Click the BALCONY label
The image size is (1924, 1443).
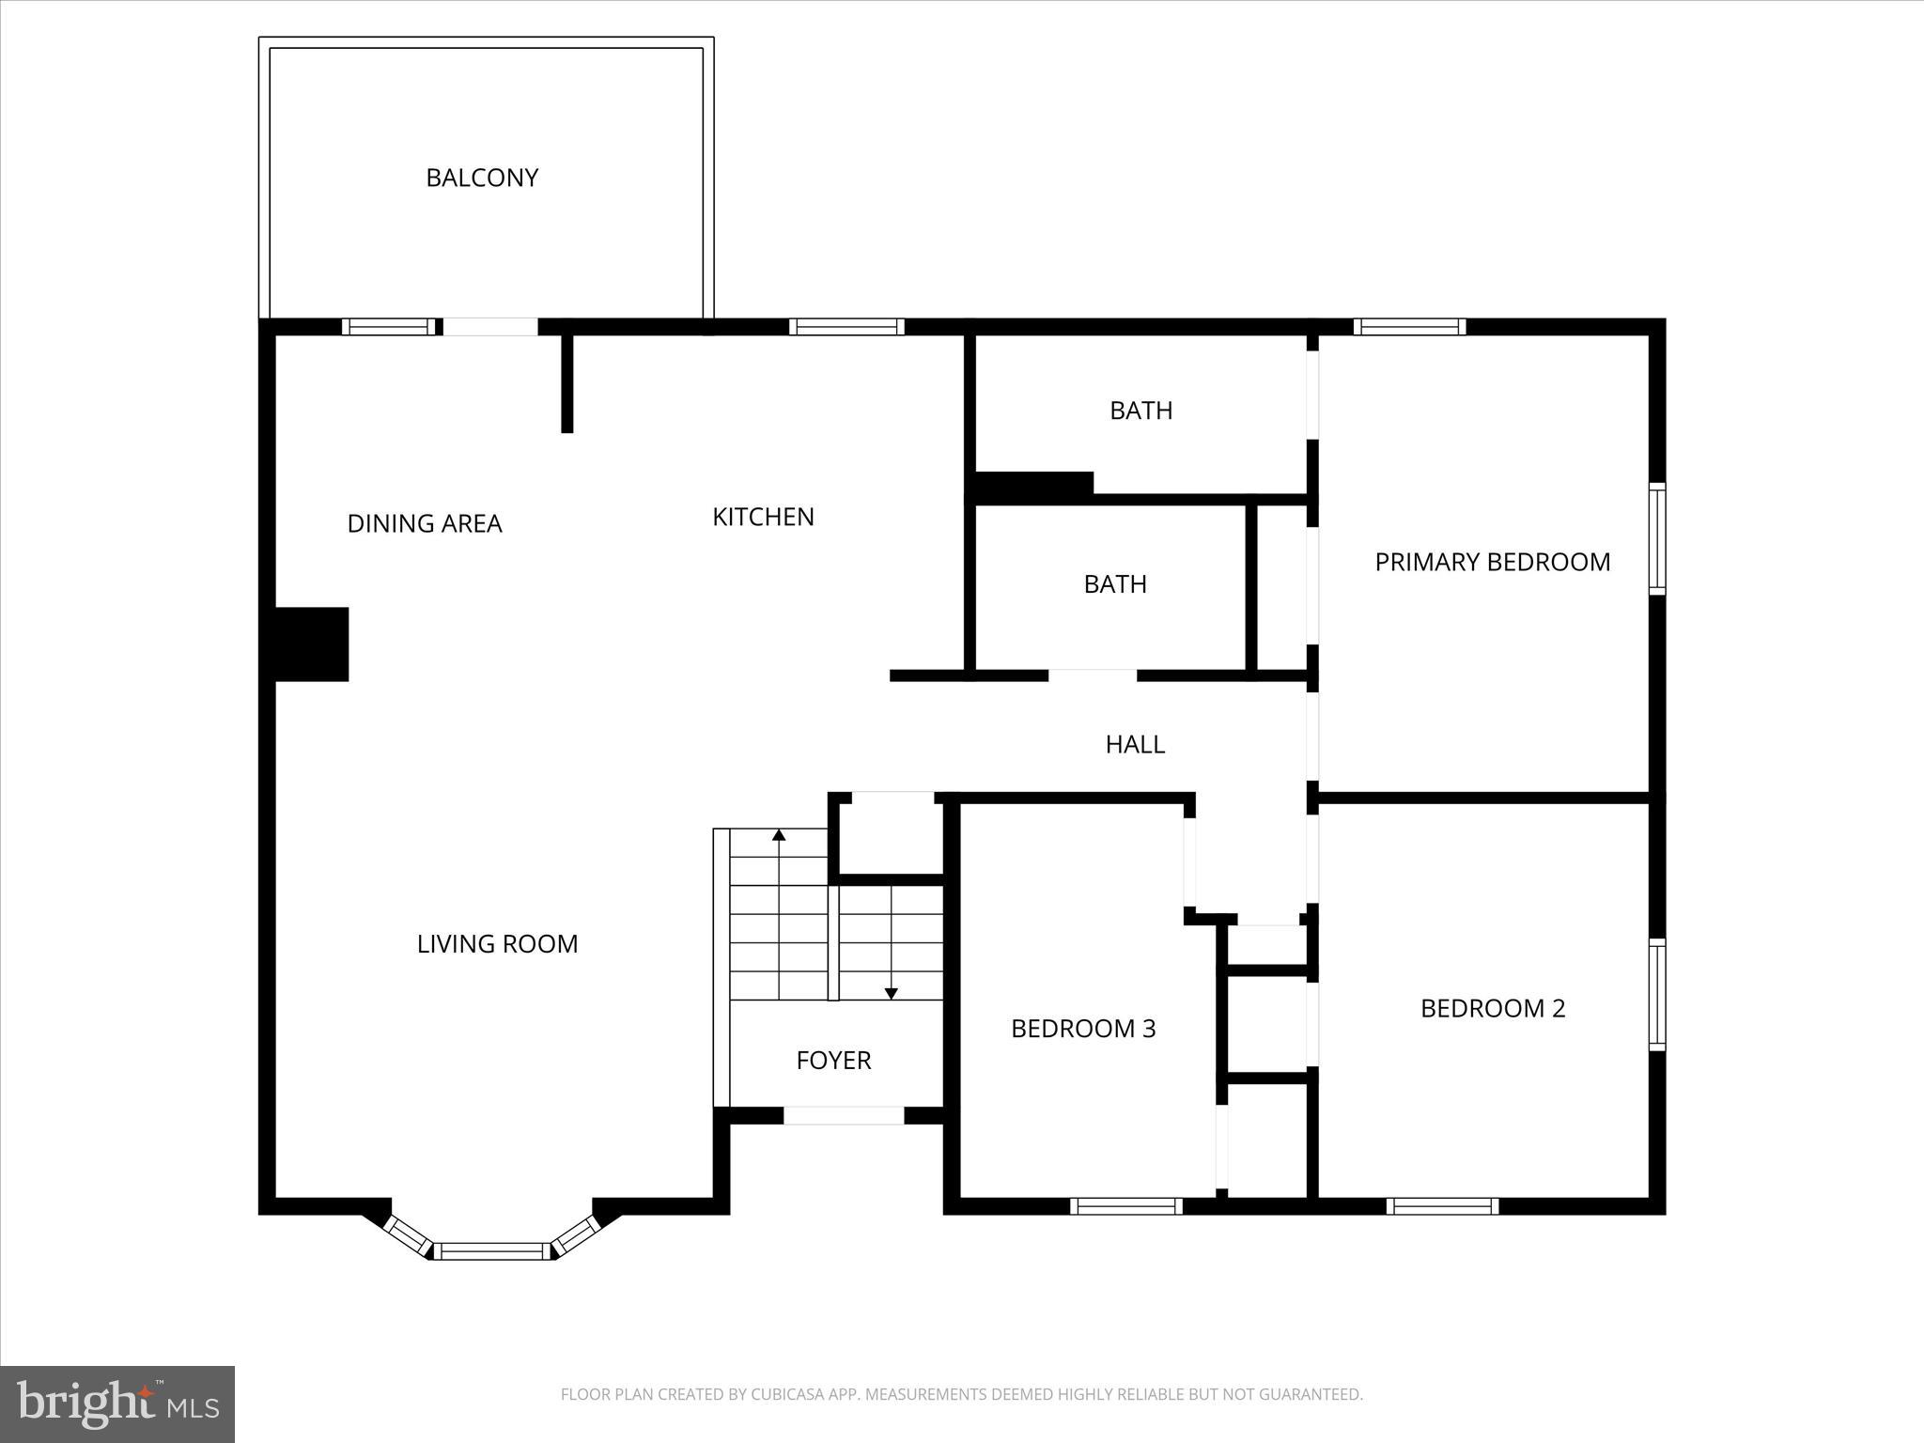pos(482,178)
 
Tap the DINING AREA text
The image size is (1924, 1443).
pos(425,523)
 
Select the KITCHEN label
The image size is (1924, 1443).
pos(763,517)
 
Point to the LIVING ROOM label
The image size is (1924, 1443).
pos(497,944)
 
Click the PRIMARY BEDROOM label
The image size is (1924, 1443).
pos(1492,562)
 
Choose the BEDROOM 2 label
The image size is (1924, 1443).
pos(1492,1008)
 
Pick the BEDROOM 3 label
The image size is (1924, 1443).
pos(1083,1029)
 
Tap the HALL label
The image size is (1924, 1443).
pos(1135,744)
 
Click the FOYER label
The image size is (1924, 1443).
pos(833,1061)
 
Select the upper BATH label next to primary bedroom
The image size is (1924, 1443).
pos(1140,411)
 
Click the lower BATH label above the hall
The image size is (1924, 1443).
pos(1115,584)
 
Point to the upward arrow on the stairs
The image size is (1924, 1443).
pos(779,835)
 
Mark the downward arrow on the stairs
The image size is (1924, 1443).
pos(892,993)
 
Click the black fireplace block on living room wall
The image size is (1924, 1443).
pos(311,644)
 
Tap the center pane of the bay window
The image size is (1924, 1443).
pos(492,1251)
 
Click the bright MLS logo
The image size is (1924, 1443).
pos(117,1404)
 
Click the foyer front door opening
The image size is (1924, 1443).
pos(844,1115)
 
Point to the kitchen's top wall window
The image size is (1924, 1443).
pos(846,327)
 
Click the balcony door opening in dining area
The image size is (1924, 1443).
pos(489,327)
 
